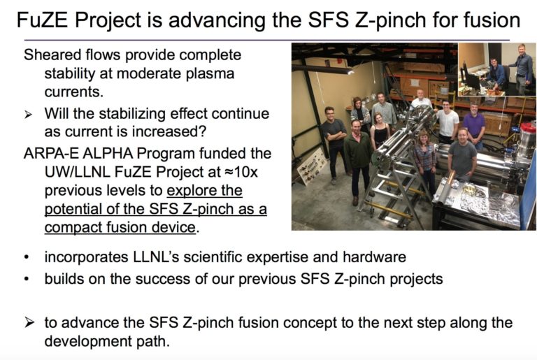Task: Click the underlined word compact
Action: click(x=77, y=228)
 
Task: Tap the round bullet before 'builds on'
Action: click(x=27, y=280)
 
